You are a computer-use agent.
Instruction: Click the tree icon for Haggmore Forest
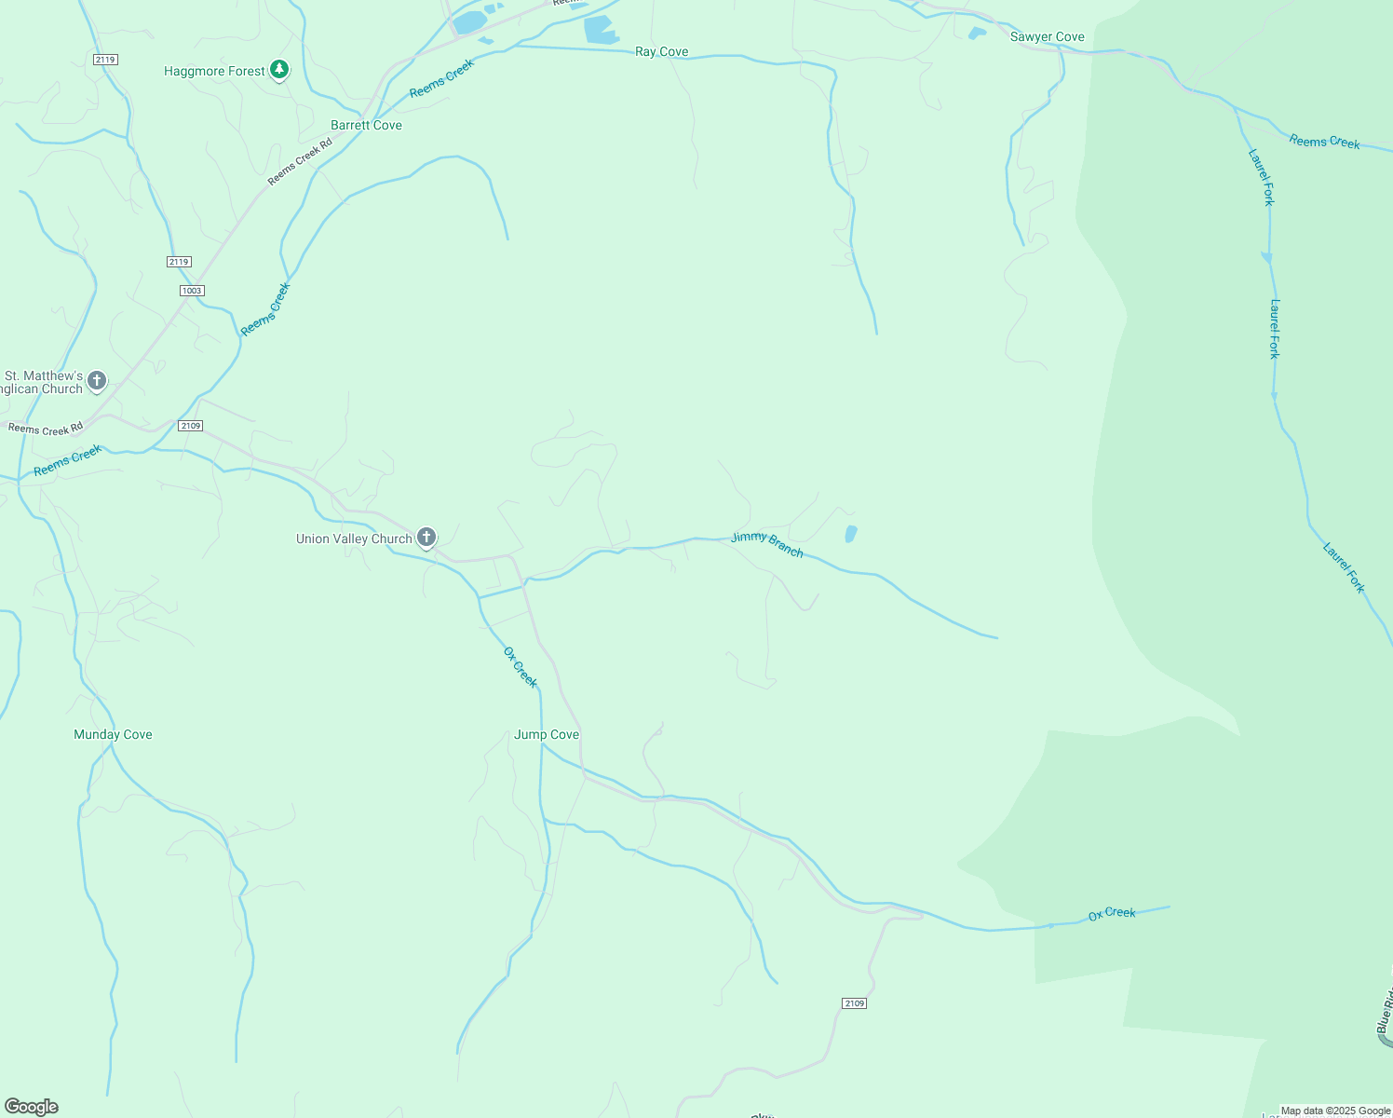[278, 70]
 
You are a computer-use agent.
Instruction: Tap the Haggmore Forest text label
[214, 71]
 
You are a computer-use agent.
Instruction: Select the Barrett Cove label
[366, 125]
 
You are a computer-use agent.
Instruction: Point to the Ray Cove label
[661, 52]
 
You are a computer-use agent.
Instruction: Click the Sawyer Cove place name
[1047, 37]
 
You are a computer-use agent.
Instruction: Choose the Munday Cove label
[113, 734]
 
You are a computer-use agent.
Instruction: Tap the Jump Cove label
[547, 734]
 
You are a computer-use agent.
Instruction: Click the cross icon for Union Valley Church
[426, 538]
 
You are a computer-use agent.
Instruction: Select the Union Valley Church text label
[354, 539]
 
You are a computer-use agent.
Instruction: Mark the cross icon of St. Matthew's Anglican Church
[97, 380]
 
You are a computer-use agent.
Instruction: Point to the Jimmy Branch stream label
[766, 544]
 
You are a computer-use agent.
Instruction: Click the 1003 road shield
[192, 291]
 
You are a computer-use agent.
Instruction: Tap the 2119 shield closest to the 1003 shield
[180, 262]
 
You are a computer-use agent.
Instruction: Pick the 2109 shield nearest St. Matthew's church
[190, 426]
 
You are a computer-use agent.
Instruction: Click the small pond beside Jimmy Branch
[850, 534]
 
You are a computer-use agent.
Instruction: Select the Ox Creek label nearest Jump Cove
[521, 667]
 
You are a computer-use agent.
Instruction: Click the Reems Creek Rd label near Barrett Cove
[300, 162]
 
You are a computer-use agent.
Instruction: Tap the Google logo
[32, 1107]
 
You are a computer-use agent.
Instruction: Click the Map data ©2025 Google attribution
[1335, 1111]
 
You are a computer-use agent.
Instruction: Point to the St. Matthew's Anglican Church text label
[43, 382]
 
